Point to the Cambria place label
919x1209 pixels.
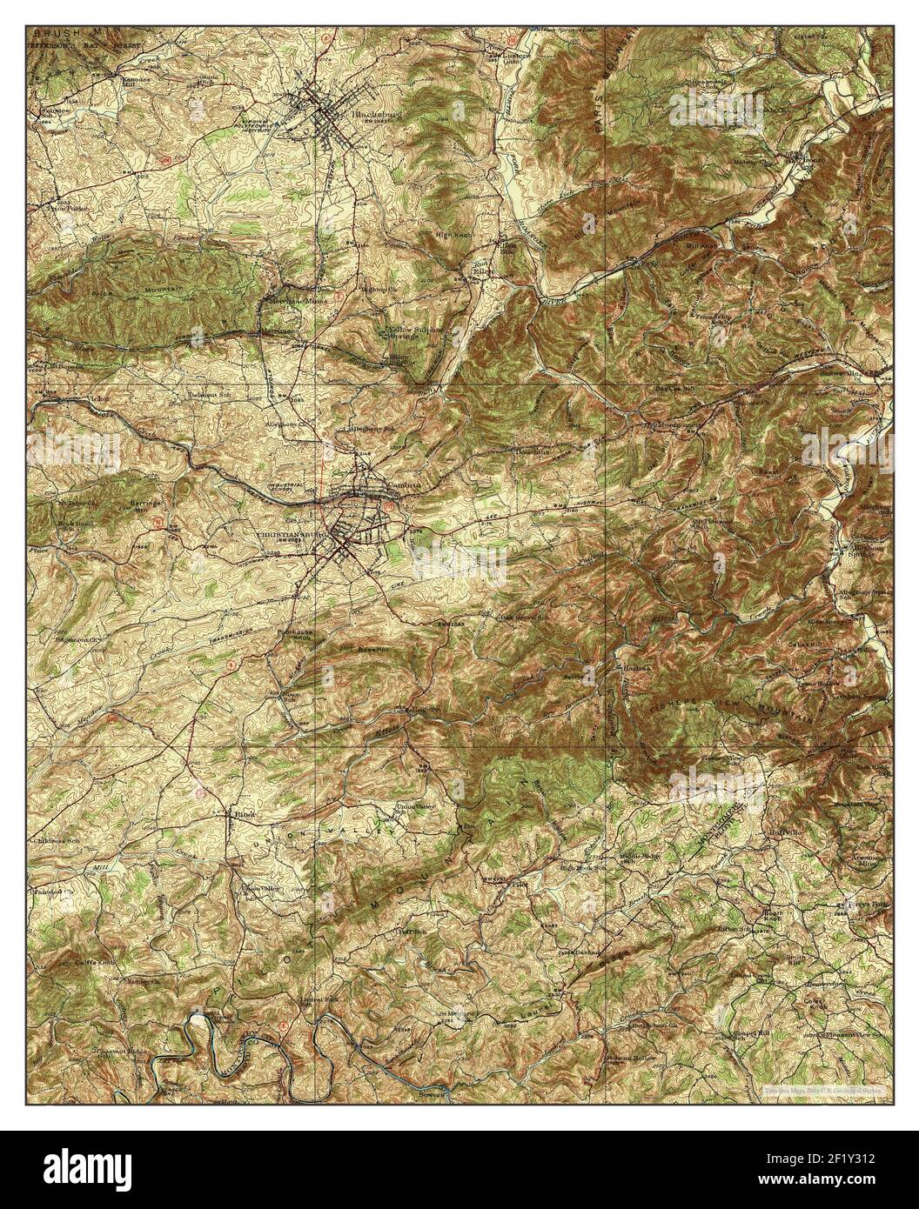379,485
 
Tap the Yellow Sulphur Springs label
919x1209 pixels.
413,336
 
